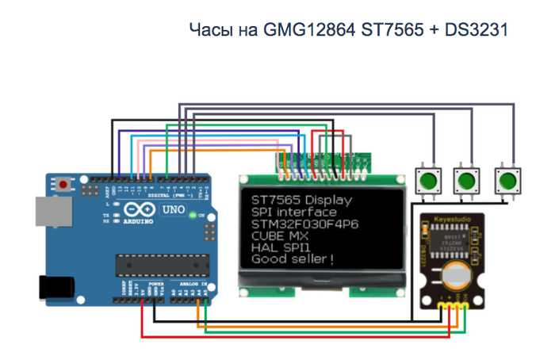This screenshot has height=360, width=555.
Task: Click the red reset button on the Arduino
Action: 63,185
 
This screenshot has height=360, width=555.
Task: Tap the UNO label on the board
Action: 172,210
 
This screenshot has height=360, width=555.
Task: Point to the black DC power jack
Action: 55,285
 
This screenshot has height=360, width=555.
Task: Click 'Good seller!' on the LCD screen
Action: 293,259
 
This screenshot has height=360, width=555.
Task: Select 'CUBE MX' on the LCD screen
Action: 277,236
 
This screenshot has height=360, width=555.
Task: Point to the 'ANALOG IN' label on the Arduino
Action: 193,284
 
